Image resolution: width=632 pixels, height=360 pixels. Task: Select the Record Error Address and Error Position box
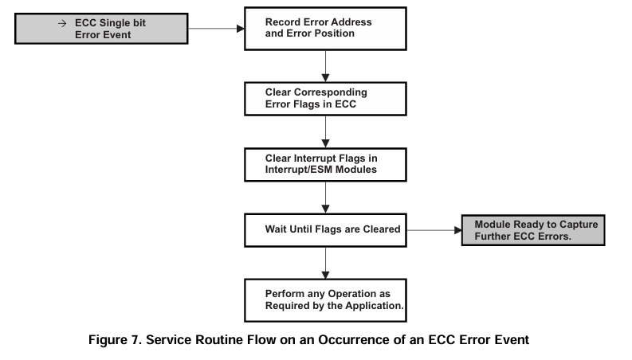(x=324, y=28)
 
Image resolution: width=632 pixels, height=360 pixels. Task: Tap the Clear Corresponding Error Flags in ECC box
(x=324, y=97)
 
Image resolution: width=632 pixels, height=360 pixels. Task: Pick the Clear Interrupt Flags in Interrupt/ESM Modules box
(x=324, y=162)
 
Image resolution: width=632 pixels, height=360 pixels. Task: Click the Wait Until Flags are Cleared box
(x=324, y=229)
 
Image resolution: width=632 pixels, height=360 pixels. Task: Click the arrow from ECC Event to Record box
(x=215, y=29)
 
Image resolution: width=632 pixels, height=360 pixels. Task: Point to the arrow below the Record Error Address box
(x=324, y=64)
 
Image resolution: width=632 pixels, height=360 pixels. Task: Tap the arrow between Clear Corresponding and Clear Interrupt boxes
(x=324, y=130)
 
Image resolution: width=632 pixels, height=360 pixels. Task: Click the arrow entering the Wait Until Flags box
(x=324, y=198)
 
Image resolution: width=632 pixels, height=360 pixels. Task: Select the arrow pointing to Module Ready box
(x=433, y=230)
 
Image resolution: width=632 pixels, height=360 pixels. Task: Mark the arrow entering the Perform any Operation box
(x=324, y=263)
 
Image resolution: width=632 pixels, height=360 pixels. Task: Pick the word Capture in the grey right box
(x=571, y=225)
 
